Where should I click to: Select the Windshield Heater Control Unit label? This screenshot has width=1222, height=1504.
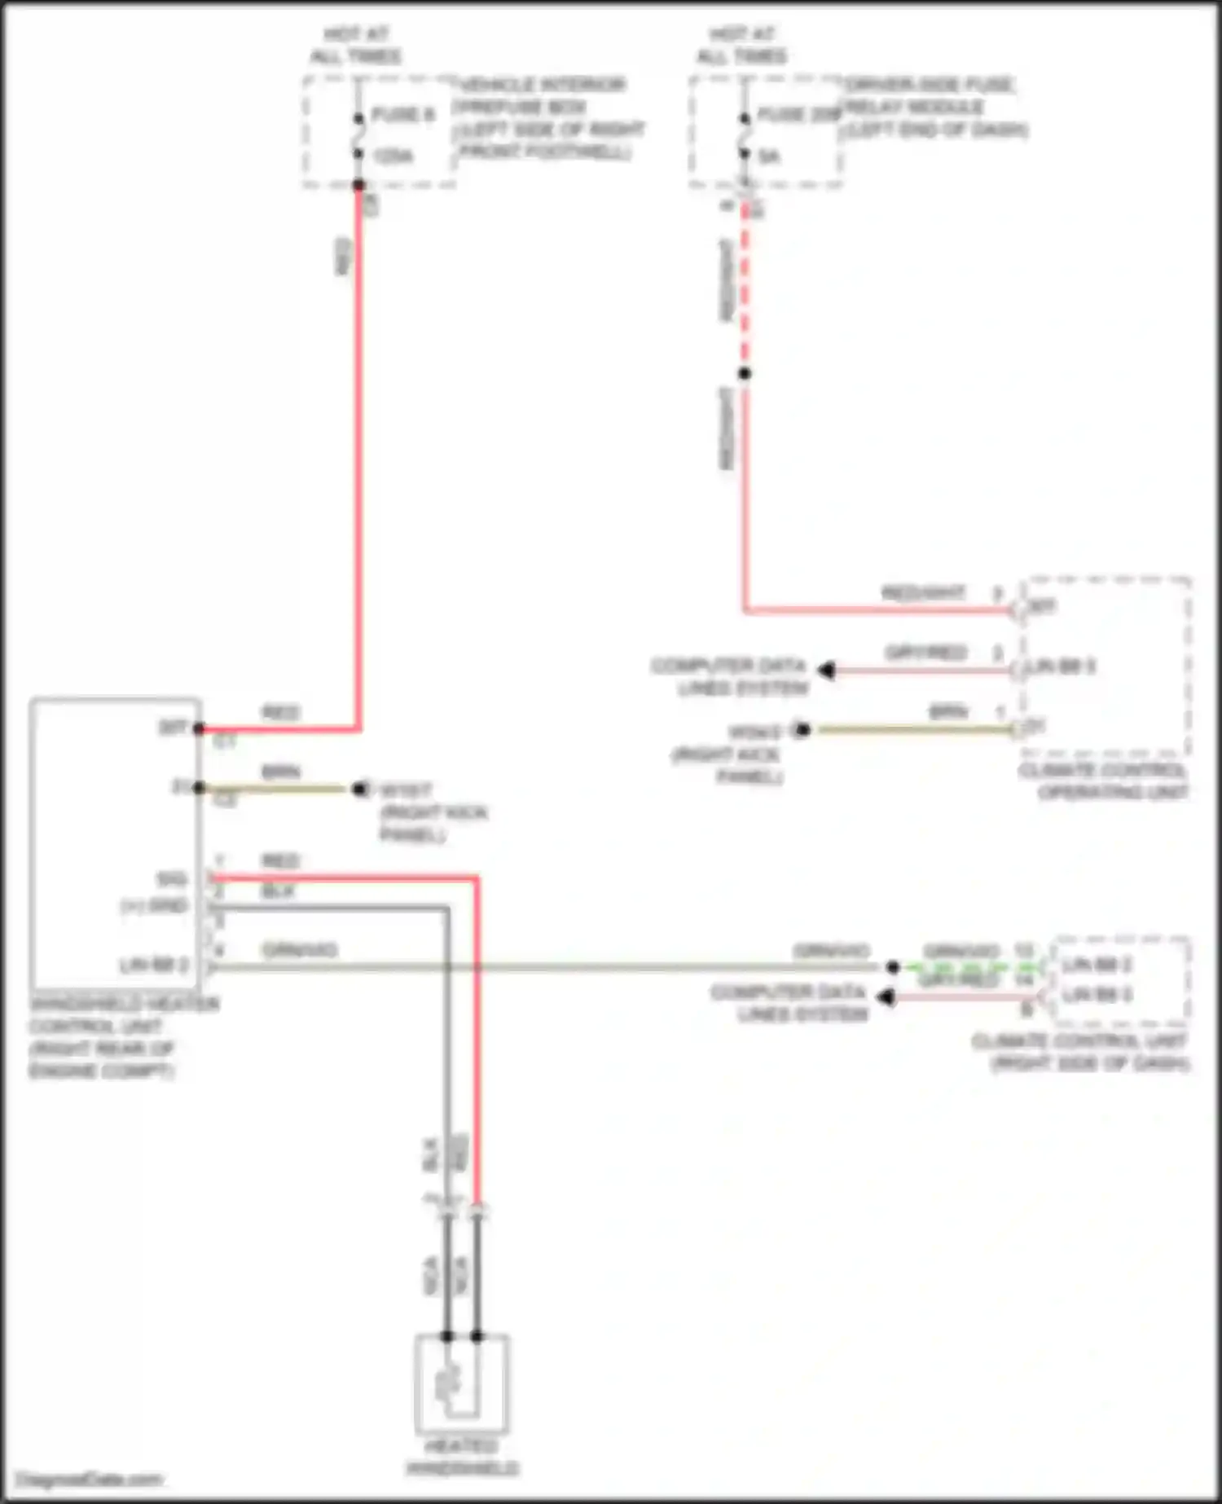coord(122,1037)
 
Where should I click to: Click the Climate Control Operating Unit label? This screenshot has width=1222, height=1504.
coord(1103,781)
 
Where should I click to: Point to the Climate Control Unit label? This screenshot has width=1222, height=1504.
coord(1080,1052)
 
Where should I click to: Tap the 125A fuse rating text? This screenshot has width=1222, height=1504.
coord(393,156)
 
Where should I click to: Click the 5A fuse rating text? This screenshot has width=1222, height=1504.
coord(769,156)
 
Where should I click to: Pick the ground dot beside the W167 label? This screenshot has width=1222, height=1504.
coord(359,789)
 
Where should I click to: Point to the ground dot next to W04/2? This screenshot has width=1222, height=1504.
coord(802,729)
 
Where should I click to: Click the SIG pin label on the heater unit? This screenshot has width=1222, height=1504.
coord(172,879)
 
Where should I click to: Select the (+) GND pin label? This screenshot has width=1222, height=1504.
coord(155,906)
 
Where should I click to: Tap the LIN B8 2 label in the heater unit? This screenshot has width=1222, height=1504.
coord(154,965)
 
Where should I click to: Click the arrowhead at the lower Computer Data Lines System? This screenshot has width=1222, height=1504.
coord(885,996)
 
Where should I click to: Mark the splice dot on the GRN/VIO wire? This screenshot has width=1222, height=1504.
coord(893,967)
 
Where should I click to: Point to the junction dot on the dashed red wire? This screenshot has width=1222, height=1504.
coord(744,373)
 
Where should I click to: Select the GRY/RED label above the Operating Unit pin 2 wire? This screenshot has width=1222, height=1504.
coord(925,653)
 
